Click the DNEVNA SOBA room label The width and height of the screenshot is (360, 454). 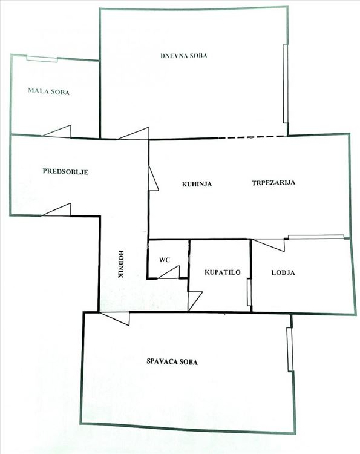point(184,55)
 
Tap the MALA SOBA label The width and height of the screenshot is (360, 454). point(48,91)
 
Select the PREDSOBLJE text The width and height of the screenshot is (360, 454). point(65,171)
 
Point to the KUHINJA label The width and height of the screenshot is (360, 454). point(197,184)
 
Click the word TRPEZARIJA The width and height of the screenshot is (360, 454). point(273,183)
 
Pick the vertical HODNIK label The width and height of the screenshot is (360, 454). point(121,264)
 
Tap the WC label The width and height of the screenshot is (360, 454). point(165,260)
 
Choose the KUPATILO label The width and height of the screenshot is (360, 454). point(222,272)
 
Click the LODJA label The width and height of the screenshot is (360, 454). point(283,272)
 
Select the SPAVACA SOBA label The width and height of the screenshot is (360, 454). point(172,361)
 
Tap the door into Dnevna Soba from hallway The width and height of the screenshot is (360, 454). point(134,134)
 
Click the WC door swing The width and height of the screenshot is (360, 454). point(169,272)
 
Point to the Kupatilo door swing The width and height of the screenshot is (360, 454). point(194,301)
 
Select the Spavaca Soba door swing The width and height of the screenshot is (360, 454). point(114,318)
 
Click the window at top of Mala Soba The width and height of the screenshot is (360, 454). point(42,59)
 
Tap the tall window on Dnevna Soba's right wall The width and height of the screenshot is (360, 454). point(286,84)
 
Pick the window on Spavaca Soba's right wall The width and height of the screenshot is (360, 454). point(290,349)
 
